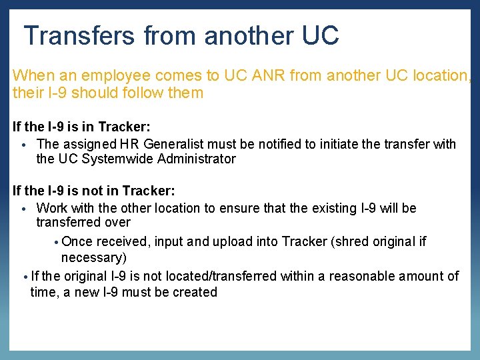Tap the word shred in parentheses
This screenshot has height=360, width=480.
point(351,241)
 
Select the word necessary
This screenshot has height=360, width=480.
point(94,257)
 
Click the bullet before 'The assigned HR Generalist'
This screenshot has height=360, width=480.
point(23,145)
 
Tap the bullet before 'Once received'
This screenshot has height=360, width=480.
point(57,242)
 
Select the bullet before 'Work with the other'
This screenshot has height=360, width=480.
point(23,209)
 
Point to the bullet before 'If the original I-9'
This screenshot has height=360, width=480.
point(25,277)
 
